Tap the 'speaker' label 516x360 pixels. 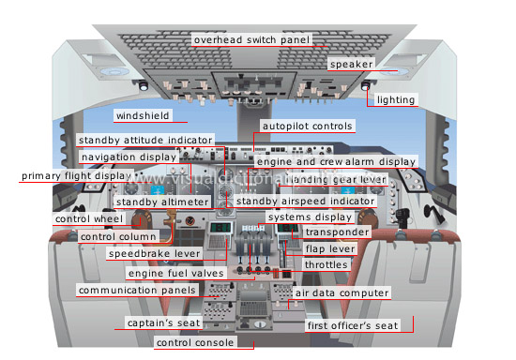click(x=352, y=63)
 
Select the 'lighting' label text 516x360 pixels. click(x=394, y=99)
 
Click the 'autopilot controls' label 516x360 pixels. click(x=308, y=126)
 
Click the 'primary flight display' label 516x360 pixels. click(x=74, y=176)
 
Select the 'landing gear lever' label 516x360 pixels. click(x=337, y=179)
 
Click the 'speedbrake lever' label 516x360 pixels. click(x=153, y=254)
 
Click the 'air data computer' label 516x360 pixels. click(x=341, y=293)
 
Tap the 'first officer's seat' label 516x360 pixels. click(x=354, y=325)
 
